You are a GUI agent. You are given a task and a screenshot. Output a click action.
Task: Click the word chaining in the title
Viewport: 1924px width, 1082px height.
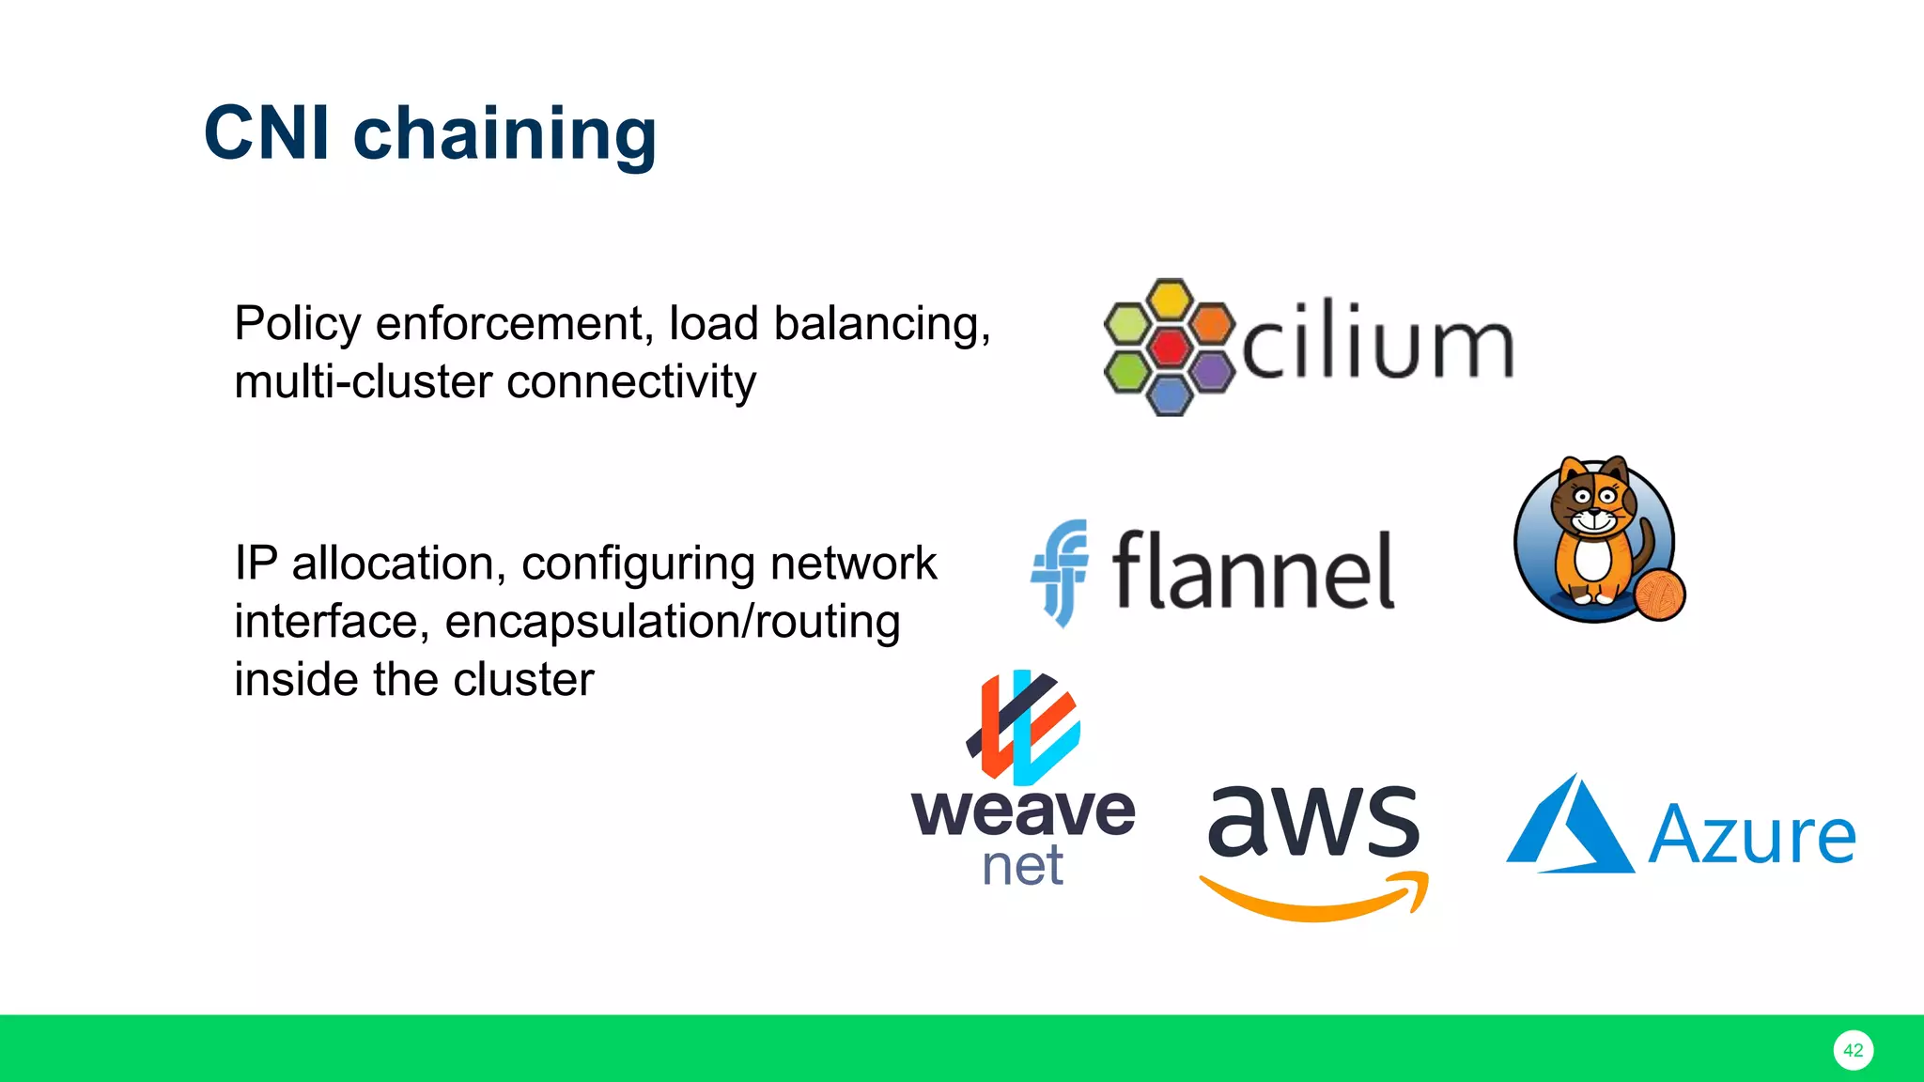pos(504,134)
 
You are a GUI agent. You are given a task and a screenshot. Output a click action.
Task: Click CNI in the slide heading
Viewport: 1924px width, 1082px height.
pos(267,133)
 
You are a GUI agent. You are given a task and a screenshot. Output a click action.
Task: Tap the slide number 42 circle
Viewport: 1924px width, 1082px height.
pos(1853,1050)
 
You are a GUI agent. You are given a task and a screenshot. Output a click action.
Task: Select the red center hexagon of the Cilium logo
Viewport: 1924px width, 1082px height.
pos(1169,348)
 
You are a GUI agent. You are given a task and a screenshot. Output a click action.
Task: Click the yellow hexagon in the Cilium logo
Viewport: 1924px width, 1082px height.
pos(1170,300)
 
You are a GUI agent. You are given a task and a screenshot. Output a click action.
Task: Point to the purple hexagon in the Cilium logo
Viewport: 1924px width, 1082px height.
pos(1212,371)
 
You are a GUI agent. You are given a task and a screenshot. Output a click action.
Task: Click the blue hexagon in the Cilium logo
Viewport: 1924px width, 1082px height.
pos(1170,394)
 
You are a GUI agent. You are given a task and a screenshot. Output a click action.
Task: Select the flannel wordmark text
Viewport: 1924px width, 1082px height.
pos(1253,571)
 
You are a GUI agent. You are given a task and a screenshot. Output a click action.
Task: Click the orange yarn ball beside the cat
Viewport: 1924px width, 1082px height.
pos(1659,595)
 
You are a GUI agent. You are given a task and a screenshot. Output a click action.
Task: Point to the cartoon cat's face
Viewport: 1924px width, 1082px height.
pos(1593,502)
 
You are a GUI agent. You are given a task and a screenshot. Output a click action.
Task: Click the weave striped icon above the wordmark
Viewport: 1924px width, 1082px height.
pos(1024,727)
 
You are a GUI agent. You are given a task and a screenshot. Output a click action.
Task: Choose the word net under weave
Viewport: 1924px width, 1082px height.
pos(1022,866)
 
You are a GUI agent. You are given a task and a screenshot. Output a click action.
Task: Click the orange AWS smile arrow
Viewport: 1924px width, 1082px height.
pos(1315,900)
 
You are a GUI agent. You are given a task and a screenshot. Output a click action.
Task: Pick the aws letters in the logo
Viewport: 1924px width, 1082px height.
pos(1313,821)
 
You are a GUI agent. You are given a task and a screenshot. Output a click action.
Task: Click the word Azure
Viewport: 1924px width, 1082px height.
pos(1752,835)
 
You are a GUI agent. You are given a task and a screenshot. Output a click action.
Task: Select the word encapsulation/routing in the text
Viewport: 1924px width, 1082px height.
pos(672,622)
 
